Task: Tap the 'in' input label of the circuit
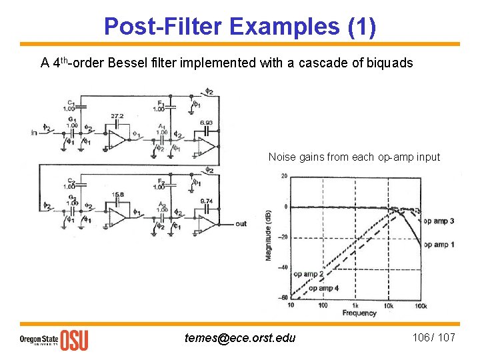(x=34, y=133)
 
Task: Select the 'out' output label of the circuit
(x=241, y=223)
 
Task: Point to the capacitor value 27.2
(x=117, y=115)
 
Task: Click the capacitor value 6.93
(x=207, y=123)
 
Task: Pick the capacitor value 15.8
(x=117, y=195)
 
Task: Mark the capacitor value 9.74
(x=207, y=201)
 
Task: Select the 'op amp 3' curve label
(x=439, y=221)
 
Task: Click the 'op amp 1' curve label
(x=439, y=245)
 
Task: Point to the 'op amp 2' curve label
(x=309, y=274)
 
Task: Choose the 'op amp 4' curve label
(x=323, y=288)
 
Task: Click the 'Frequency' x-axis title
(x=359, y=313)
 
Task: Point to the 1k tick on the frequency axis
(x=356, y=305)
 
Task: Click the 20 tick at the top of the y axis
(x=283, y=176)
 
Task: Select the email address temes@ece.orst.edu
(x=240, y=337)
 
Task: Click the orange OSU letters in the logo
(x=74, y=339)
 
